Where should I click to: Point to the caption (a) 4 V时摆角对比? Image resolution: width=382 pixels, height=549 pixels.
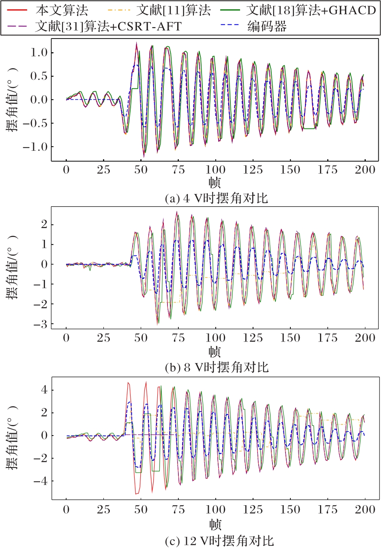tap(217, 199)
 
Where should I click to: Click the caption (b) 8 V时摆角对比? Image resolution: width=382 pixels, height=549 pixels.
tap(217, 367)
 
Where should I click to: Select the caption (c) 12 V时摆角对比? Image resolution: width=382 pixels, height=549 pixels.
tap(219, 540)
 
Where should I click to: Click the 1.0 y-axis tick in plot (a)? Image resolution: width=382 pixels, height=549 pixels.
tap(39, 53)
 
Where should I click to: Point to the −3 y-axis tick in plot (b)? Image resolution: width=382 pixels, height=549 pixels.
tap(40, 325)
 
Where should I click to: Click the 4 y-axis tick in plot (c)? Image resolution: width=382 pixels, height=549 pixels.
tap(44, 390)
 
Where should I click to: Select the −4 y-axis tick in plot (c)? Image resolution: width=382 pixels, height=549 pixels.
tap(41, 482)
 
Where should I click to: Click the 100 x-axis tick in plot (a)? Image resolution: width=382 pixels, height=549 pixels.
tap(215, 170)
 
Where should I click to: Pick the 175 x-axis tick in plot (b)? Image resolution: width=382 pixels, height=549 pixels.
tap(327, 338)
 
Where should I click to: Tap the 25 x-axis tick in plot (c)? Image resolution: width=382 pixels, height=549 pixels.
tap(103, 509)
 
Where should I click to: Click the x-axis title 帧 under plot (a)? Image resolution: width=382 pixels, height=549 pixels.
tap(215, 183)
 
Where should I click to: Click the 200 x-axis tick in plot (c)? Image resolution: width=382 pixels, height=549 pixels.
tap(365, 509)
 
